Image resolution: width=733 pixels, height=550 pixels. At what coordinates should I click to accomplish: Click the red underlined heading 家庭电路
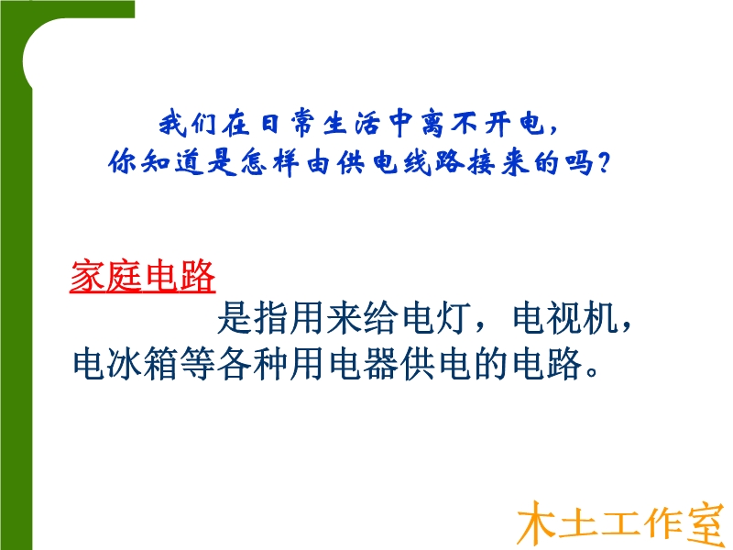(x=143, y=277)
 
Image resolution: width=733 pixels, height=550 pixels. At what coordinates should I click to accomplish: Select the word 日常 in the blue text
(x=288, y=125)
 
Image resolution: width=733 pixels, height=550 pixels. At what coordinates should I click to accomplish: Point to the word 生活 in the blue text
(x=353, y=125)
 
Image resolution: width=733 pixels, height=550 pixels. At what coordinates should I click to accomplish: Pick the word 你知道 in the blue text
(x=156, y=163)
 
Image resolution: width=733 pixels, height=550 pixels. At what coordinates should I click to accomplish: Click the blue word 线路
(x=433, y=163)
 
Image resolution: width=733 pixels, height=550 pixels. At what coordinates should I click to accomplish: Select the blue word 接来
(x=498, y=163)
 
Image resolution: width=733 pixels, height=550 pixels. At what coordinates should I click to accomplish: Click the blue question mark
(x=604, y=163)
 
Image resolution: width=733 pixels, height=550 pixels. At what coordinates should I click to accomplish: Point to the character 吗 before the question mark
(x=580, y=163)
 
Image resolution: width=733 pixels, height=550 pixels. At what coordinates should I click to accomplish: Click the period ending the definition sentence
(x=591, y=373)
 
